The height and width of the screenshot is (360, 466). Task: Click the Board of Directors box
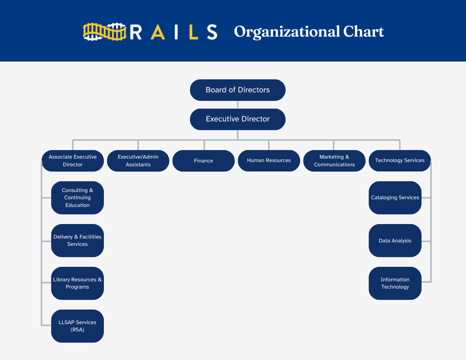[238, 90]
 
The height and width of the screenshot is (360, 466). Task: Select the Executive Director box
[238, 119]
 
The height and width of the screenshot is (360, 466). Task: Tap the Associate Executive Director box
[73, 161]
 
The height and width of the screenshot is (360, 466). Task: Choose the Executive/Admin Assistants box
[138, 161]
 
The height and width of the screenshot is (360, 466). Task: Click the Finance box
[204, 161]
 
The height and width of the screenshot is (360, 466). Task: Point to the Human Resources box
[269, 161]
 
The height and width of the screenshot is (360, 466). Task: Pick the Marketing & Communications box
[334, 161]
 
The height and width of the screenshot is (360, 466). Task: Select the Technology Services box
[400, 161]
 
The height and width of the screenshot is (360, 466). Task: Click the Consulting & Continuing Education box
[77, 198]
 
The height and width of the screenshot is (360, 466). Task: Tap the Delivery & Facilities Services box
[77, 240]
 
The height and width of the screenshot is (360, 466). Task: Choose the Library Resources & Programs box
[77, 283]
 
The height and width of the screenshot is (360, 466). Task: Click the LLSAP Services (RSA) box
[77, 326]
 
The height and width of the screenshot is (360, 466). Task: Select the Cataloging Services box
[395, 198]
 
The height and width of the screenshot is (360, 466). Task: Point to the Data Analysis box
[395, 240]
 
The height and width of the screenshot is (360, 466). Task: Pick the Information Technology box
[395, 283]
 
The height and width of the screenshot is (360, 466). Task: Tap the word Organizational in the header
[286, 32]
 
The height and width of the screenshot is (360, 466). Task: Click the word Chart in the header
[363, 32]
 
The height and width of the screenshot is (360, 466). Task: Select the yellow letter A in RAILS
[158, 32]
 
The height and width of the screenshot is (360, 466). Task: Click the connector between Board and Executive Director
[238, 104]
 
